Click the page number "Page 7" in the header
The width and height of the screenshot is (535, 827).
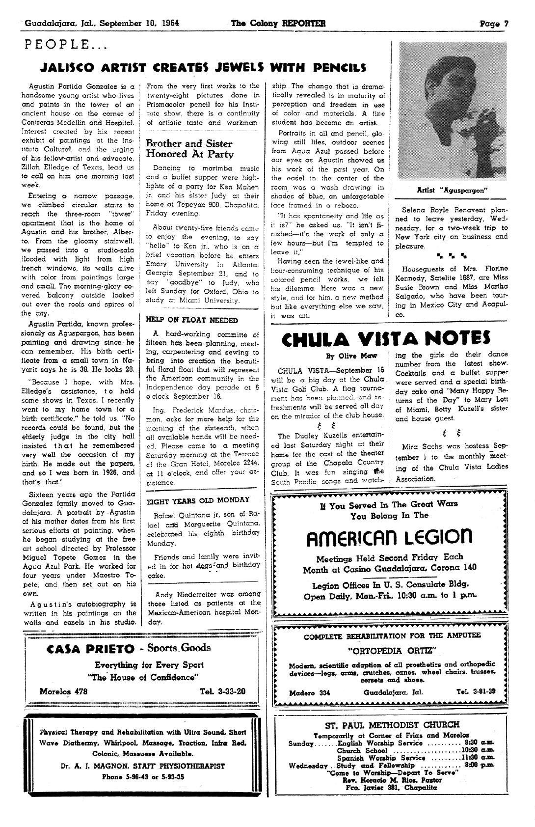494,23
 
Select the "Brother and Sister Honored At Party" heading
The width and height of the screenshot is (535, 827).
189,149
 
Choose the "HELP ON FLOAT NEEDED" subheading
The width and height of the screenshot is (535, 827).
192,320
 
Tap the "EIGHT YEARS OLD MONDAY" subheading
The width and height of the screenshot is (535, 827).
198,500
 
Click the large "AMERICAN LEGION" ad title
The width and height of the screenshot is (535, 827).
390,537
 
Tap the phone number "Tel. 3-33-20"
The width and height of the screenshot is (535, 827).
223,691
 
